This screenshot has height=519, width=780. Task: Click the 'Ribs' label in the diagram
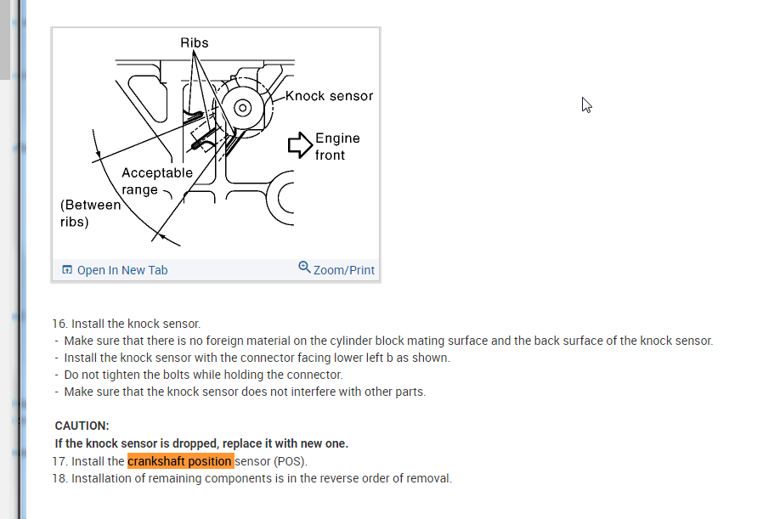tap(194, 42)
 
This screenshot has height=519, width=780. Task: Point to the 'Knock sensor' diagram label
tap(329, 96)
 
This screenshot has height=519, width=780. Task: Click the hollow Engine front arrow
tap(300, 145)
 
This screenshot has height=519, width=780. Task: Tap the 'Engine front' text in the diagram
tap(336, 146)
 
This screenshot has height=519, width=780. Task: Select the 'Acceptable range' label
tap(156, 181)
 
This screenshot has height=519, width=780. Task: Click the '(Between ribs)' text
tap(89, 213)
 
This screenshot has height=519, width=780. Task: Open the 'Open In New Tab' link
tap(122, 270)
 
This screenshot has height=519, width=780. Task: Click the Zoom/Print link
tap(343, 270)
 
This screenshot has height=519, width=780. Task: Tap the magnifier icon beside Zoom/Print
tap(304, 268)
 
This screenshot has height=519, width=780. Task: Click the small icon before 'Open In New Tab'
tap(67, 270)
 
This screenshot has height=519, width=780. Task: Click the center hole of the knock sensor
tap(242, 108)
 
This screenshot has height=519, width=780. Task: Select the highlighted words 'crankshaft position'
tap(180, 461)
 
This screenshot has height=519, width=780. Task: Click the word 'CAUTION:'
tap(82, 426)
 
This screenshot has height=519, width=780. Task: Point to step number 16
tap(59, 324)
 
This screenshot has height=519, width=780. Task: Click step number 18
tap(59, 478)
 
